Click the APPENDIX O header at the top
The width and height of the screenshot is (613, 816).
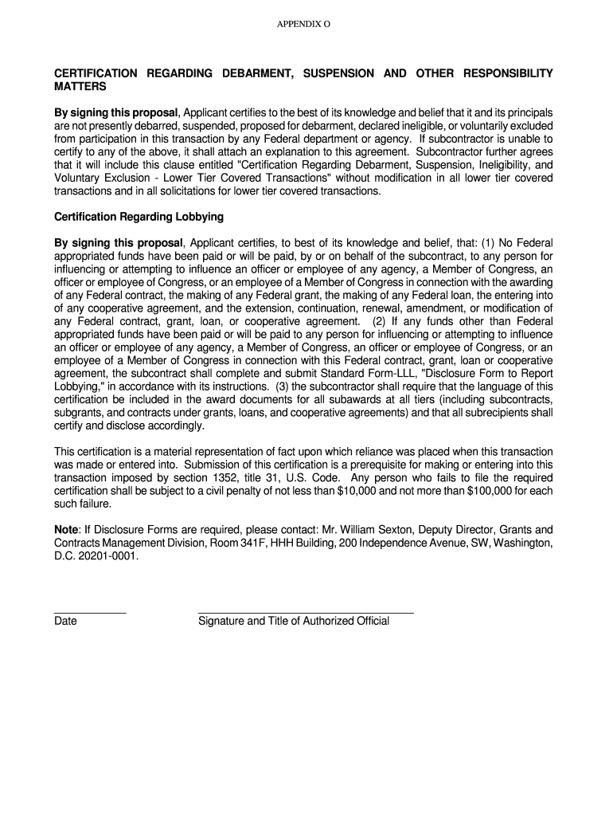click(303, 25)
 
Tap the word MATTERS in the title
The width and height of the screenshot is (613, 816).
click(80, 86)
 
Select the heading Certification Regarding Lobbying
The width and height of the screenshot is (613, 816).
click(139, 217)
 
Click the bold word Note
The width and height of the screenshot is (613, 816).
click(65, 529)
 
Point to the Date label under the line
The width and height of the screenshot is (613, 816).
click(65, 622)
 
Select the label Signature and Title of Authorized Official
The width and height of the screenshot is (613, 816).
click(294, 622)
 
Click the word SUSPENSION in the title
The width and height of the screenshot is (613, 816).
click(335, 73)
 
